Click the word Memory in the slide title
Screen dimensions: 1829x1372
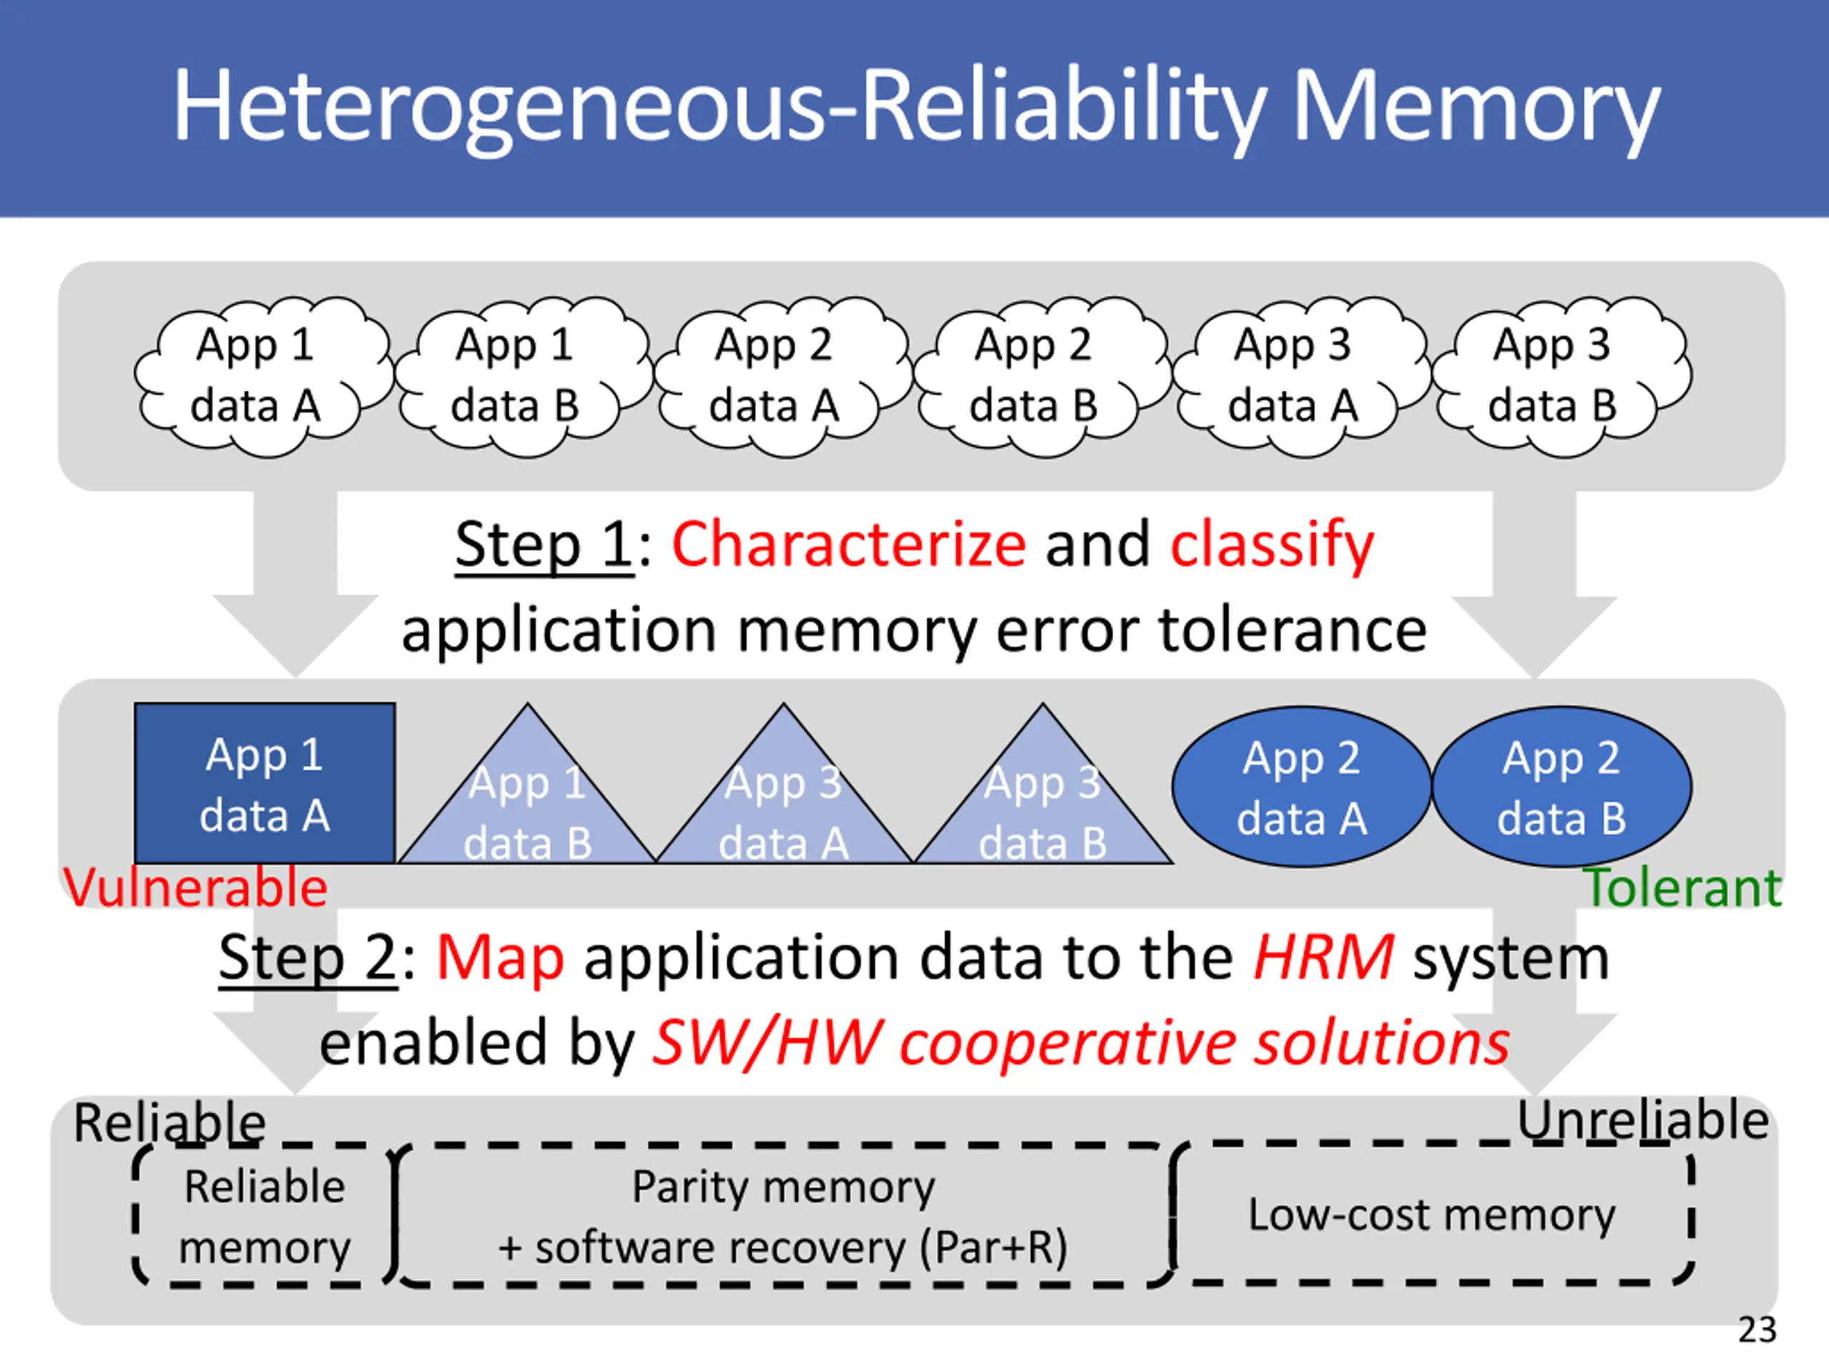pyautogui.click(x=1475, y=107)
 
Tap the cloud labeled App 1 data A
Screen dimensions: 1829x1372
pyautogui.click(x=263, y=377)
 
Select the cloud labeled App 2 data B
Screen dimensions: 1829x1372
pyautogui.click(x=1042, y=377)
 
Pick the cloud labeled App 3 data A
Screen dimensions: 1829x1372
pyautogui.click(x=1302, y=377)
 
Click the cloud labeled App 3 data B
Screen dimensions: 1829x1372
pyautogui.click(x=1561, y=377)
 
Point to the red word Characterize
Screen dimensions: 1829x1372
pyautogui.click(x=848, y=545)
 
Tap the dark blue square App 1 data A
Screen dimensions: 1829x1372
pyautogui.click(x=264, y=783)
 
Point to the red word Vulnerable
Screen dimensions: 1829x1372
pyautogui.click(x=195, y=888)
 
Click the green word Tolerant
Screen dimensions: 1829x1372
pyautogui.click(x=1682, y=888)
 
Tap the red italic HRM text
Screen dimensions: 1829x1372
pyautogui.click(x=1324, y=958)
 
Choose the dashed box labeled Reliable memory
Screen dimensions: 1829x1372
pyautogui.click(x=264, y=1216)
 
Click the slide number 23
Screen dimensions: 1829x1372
pyautogui.click(x=1757, y=1330)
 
